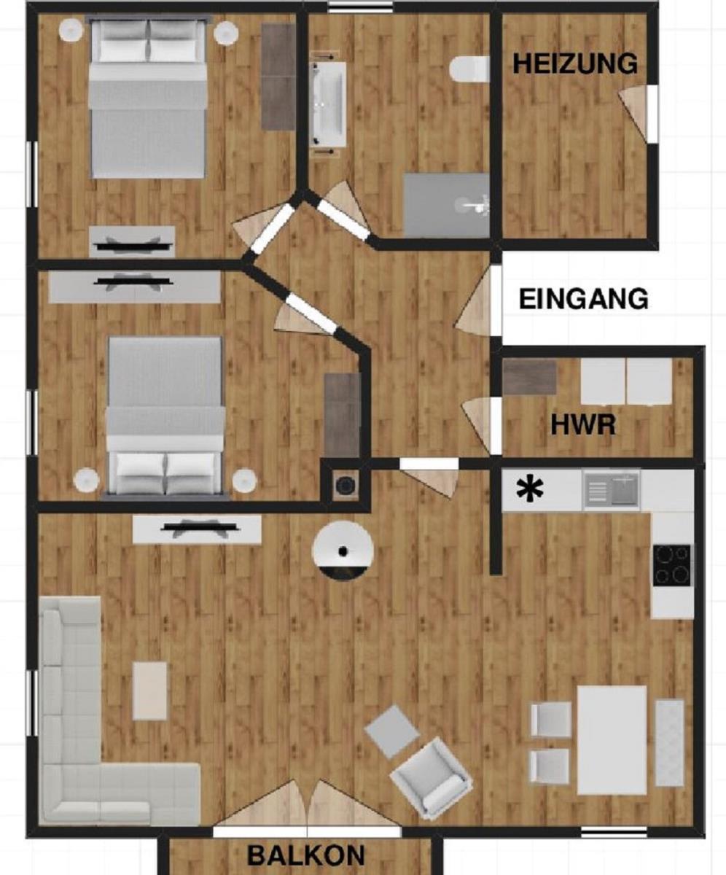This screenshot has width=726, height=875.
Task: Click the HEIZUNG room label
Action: click(x=575, y=63)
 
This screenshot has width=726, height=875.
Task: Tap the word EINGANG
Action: click(x=584, y=299)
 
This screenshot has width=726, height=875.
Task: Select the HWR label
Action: click(x=583, y=424)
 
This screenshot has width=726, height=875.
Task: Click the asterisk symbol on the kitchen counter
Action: click(x=530, y=490)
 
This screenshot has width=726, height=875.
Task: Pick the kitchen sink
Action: click(x=612, y=490)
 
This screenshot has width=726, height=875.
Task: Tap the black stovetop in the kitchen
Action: click(x=672, y=566)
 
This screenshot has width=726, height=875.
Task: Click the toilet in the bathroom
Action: click(x=469, y=69)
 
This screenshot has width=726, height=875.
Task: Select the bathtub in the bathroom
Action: click(x=328, y=105)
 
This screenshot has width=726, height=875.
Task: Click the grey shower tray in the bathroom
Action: click(x=446, y=206)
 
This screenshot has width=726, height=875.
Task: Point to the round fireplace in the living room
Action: click(x=343, y=551)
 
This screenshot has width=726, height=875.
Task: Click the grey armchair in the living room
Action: click(x=432, y=778)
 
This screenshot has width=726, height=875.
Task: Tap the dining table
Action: click(x=612, y=741)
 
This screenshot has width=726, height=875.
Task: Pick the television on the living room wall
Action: click(x=197, y=529)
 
